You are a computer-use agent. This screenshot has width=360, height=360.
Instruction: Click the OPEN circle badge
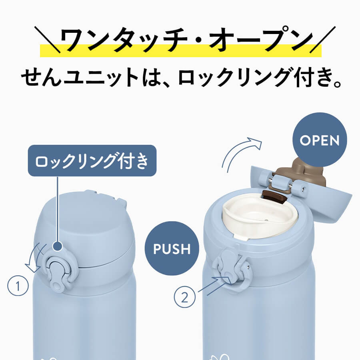(x=320, y=140)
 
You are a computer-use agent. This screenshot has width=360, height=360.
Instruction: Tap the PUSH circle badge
(x=172, y=248)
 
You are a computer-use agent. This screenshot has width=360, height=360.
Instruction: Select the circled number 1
(x=18, y=286)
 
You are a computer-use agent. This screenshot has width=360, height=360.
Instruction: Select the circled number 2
(x=184, y=297)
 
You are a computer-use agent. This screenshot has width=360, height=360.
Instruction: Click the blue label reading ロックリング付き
(x=92, y=160)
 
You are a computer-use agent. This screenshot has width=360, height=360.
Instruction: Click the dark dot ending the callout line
(x=57, y=246)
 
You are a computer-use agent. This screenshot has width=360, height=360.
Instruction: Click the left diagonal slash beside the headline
(x=47, y=40)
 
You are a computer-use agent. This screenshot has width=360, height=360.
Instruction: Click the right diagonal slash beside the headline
(x=322, y=40)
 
